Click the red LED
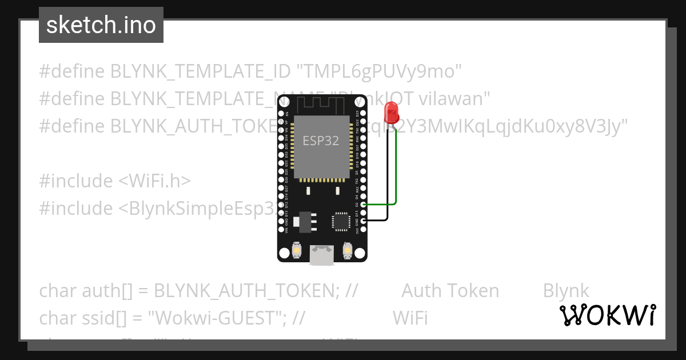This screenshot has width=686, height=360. tap(392, 112)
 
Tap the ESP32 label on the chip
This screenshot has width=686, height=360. tap(320, 141)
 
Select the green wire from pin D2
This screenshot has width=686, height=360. tap(396, 171)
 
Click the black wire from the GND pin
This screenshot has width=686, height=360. tap(388, 183)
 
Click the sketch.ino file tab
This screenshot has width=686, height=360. tap(101, 25)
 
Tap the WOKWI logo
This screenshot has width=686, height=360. tap(607, 315)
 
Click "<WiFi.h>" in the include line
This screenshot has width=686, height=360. tap(154, 181)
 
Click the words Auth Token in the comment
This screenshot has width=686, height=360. tap(450, 291)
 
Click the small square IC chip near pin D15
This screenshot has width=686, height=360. tap(341, 221)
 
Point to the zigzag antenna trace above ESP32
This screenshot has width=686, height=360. tap(320, 105)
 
